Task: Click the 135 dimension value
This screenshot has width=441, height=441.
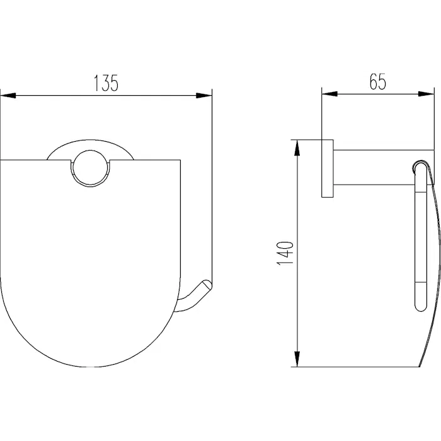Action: (x=106, y=83)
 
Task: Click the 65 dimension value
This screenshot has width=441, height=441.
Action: (x=378, y=81)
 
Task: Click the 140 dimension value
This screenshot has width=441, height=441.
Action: (x=285, y=253)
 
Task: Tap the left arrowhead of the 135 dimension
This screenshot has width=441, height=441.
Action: (x=8, y=96)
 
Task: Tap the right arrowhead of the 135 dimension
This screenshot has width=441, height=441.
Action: (x=204, y=96)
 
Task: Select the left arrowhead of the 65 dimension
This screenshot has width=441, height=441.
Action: (x=329, y=94)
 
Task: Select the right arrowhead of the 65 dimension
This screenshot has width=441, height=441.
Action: (x=426, y=94)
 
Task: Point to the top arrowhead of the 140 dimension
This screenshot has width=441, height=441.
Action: (x=297, y=147)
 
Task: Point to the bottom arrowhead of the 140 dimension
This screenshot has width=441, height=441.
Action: (x=297, y=359)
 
